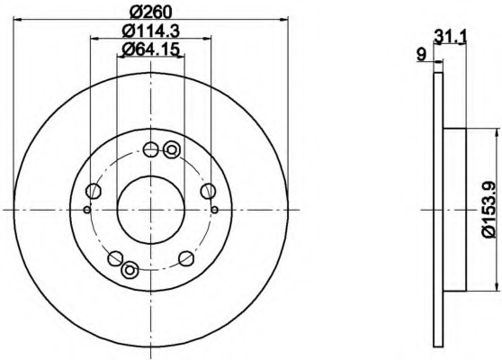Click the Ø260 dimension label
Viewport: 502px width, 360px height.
click(x=151, y=13)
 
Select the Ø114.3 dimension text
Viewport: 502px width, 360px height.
click(x=151, y=31)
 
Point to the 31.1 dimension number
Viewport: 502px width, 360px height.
click(x=450, y=36)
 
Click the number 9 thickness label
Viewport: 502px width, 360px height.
click(x=422, y=54)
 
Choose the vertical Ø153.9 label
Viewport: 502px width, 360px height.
click(x=491, y=209)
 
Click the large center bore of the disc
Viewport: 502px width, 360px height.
click(x=151, y=210)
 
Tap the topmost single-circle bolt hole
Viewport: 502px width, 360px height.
click(x=150, y=148)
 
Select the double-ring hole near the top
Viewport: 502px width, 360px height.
click(x=172, y=149)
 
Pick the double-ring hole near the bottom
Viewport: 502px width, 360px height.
click(x=130, y=270)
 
